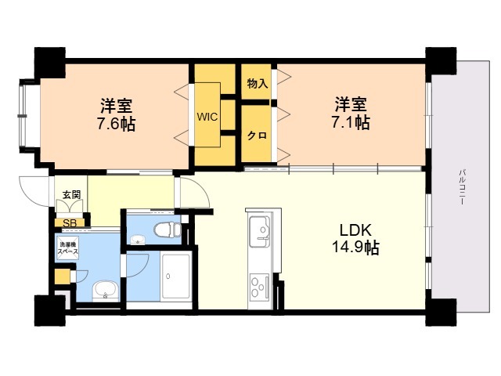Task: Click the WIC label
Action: (207, 117)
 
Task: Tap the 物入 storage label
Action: (258, 84)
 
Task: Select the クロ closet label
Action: (258, 136)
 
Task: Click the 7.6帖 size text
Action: (116, 124)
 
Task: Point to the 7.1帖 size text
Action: (351, 122)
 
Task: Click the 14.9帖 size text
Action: (355, 248)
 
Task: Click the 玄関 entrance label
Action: (71, 195)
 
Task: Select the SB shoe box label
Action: (70, 223)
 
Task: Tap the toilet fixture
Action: (167, 229)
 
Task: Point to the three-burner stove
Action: (259, 286)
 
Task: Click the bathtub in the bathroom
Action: (176, 277)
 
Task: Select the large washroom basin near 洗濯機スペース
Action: (106, 291)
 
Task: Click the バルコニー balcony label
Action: (462, 187)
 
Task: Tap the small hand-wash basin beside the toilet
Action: (138, 239)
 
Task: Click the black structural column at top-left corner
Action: (50, 62)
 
